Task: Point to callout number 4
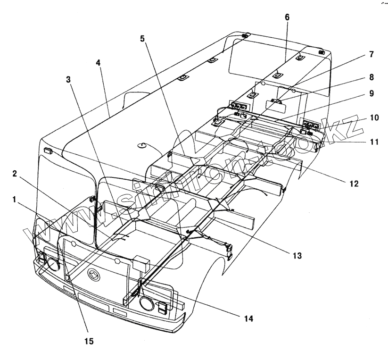point(98,62)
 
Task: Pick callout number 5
point(142,38)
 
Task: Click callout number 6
point(287,17)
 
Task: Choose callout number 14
point(248,319)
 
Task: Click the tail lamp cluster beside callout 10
point(310,125)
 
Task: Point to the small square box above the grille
point(141,263)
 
